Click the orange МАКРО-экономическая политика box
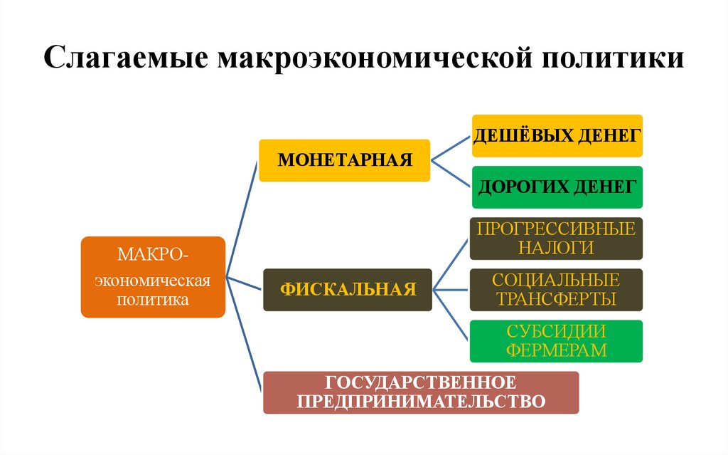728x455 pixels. tap(153, 277)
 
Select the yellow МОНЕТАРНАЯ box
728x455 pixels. tap(344, 160)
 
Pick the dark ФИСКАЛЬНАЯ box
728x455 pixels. tap(347, 289)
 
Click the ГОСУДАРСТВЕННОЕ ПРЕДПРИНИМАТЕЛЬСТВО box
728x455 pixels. tap(421, 392)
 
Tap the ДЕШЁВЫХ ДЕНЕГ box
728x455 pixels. tap(557, 135)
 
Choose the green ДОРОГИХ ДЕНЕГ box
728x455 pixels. tap(557, 187)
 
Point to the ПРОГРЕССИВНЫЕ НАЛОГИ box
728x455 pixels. tap(557, 239)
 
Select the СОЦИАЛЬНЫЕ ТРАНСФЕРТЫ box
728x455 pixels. tap(557, 290)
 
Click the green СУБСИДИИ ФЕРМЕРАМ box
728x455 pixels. tap(557, 341)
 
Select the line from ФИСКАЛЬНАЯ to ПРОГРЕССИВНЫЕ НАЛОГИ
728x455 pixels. tap(451, 264)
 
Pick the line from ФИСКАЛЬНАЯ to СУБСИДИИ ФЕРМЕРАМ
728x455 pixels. tap(451, 315)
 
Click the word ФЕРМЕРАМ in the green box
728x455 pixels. tap(557, 350)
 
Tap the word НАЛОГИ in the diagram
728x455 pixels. tap(557, 248)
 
